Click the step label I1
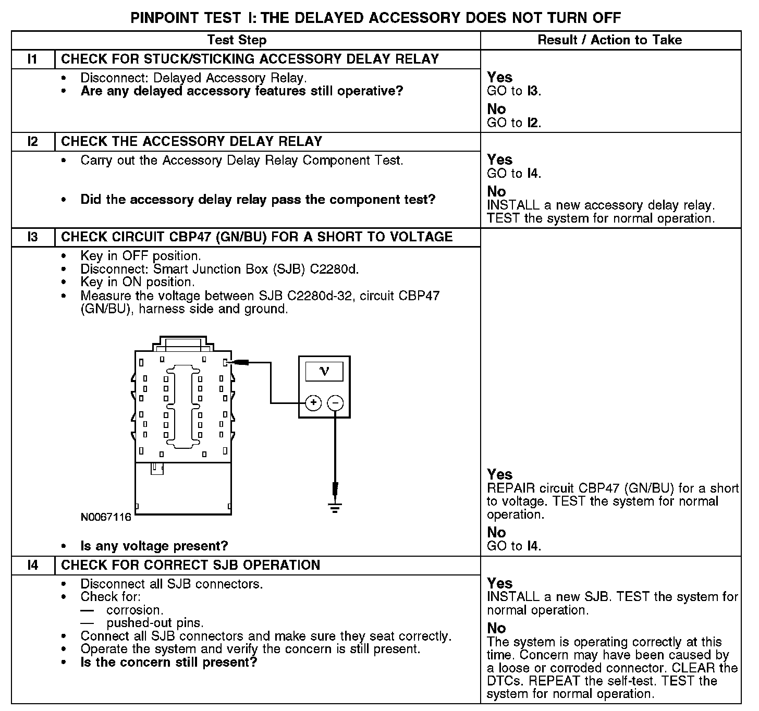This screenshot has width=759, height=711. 33,59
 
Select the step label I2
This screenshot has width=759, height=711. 33,142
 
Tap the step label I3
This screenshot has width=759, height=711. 33,237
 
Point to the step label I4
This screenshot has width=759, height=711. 33,566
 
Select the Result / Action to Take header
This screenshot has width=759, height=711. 609,40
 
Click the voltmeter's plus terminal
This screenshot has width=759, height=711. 313,403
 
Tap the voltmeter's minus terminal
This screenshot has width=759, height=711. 335,403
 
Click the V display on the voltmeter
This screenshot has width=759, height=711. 324,371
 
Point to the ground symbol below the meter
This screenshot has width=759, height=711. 335,507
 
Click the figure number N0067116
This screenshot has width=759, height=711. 106,518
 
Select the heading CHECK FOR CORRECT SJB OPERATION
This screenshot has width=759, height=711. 190,566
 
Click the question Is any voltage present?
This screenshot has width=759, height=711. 154,546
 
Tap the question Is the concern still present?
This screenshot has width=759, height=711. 169,663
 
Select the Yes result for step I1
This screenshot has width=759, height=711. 499,78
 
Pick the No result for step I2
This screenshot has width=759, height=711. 496,191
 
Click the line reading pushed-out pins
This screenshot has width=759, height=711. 155,623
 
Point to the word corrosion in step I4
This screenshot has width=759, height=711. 134,610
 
